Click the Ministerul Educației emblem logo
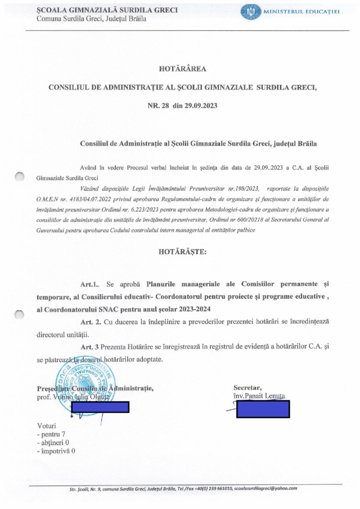coord(251,12)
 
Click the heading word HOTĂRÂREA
coord(183,69)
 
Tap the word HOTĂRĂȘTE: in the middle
coord(183,252)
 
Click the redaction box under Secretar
coord(263,408)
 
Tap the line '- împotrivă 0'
coord(55,451)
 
